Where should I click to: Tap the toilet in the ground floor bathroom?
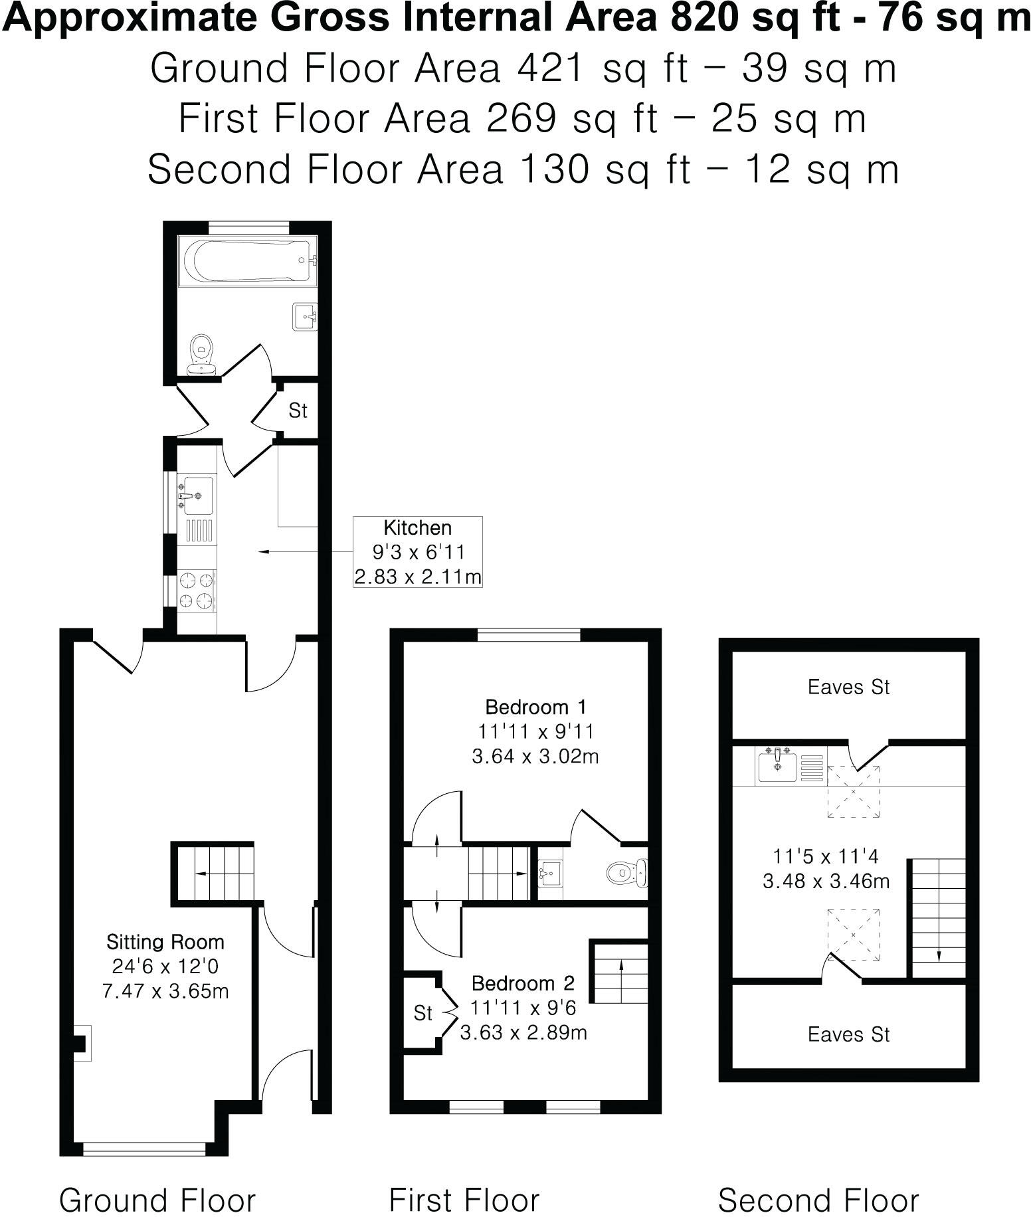point(201,353)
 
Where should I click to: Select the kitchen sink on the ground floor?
point(197,495)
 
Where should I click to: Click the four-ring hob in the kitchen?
point(197,590)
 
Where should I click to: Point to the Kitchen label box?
point(417,551)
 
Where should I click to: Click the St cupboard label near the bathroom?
point(298,411)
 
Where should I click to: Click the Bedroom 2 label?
point(523,983)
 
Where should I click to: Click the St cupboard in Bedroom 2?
point(423,1012)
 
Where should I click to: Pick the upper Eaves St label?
point(848,687)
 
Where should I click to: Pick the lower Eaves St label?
point(848,1034)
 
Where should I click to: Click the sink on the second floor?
point(777,765)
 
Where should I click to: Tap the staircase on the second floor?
point(937,917)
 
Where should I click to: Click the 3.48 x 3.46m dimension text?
point(826,882)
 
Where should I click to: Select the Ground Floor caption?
point(157,1200)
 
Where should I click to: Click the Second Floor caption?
point(818,1200)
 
